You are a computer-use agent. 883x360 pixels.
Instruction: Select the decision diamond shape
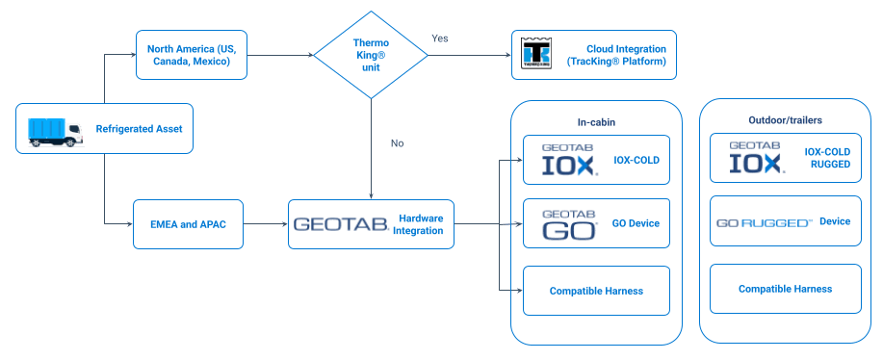(371, 54)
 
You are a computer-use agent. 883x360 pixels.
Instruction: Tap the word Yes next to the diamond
(439, 39)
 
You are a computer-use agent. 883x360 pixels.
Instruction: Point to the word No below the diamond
(397, 143)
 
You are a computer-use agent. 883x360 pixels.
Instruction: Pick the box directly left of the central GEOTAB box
(188, 223)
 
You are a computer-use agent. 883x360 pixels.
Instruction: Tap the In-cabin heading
(597, 122)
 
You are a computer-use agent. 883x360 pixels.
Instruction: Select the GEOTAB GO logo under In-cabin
(568, 223)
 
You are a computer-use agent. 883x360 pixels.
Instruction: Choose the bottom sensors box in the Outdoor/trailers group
(784, 289)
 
